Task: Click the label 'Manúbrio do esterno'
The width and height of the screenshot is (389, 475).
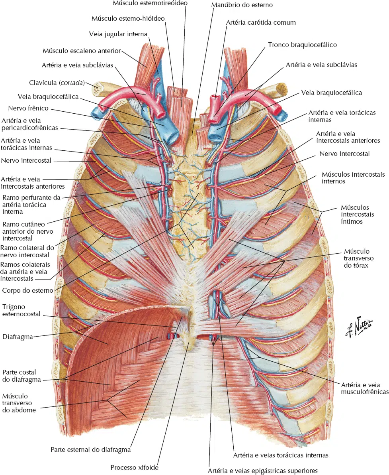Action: click(x=242, y=5)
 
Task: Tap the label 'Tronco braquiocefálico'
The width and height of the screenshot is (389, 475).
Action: click(x=302, y=45)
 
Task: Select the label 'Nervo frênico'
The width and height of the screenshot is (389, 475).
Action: click(x=28, y=108)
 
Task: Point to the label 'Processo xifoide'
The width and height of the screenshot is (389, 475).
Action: click(x=134, y=467)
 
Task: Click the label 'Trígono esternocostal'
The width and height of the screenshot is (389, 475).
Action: click(x=21, y=311)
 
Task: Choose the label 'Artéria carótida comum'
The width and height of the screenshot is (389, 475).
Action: click(x=261, y=22)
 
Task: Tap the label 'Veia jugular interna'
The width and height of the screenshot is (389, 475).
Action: click(x=118, y=34)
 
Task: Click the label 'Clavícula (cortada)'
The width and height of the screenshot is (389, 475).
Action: click(x=57, y=83)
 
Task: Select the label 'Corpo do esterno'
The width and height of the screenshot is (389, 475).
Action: click(x=27, y=290)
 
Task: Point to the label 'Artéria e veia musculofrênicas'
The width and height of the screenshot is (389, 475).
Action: click(x=365, y=388)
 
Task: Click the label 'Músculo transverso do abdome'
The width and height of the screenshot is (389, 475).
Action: click(x=19, y=403)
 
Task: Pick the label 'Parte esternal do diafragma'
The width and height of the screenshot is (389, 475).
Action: click(x=90, y=449)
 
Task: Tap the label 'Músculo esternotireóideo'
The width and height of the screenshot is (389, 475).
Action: click(x=150, y=3)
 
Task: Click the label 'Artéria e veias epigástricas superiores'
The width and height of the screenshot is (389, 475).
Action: click(x=262, y=471)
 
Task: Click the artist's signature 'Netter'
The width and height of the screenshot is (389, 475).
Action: click(x=360, y=327)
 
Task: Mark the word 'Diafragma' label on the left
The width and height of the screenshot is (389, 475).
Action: click(x=18, y=337)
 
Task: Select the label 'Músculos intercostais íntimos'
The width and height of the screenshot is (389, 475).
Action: click(x=357, y=215)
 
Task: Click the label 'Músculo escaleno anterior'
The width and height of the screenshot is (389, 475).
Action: click(x=82, y=51)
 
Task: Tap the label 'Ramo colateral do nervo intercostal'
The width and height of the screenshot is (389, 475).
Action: click(x=27, y=251)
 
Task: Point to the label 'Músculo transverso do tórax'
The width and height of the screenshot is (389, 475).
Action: click(x=358, y=258)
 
